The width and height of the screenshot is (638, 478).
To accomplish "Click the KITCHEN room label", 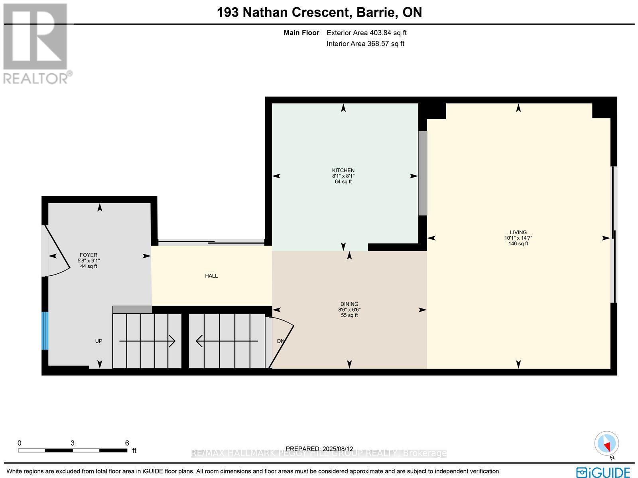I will point(343,170).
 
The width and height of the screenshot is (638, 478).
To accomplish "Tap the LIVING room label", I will point(518,232).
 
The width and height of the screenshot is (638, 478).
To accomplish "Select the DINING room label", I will point(349,304).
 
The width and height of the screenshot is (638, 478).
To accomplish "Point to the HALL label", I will point(211,276).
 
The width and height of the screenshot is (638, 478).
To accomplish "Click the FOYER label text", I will point(89,255).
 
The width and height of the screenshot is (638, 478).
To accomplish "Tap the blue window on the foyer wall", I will point(45,330).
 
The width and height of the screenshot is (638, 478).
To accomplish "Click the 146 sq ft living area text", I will point(518,243).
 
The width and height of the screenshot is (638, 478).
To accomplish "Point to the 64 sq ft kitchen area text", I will point(343,182).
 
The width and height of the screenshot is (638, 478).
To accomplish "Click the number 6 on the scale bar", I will point(127,443).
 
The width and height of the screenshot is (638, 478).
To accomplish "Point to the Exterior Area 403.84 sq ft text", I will point(366,33).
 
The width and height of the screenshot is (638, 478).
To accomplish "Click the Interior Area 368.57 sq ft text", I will point(365,44).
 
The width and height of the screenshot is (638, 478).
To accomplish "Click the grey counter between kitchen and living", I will point(422,173).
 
